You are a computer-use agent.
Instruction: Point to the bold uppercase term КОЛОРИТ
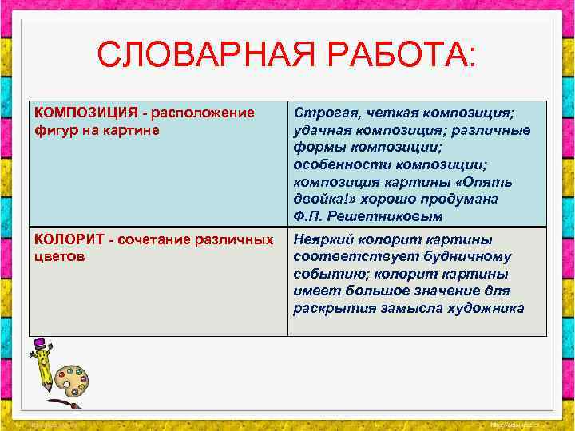click(x=62, y=239)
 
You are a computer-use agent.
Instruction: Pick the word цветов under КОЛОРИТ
click(x=57, y=257)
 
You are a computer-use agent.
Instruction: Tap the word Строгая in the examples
click(x=320, y=112)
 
